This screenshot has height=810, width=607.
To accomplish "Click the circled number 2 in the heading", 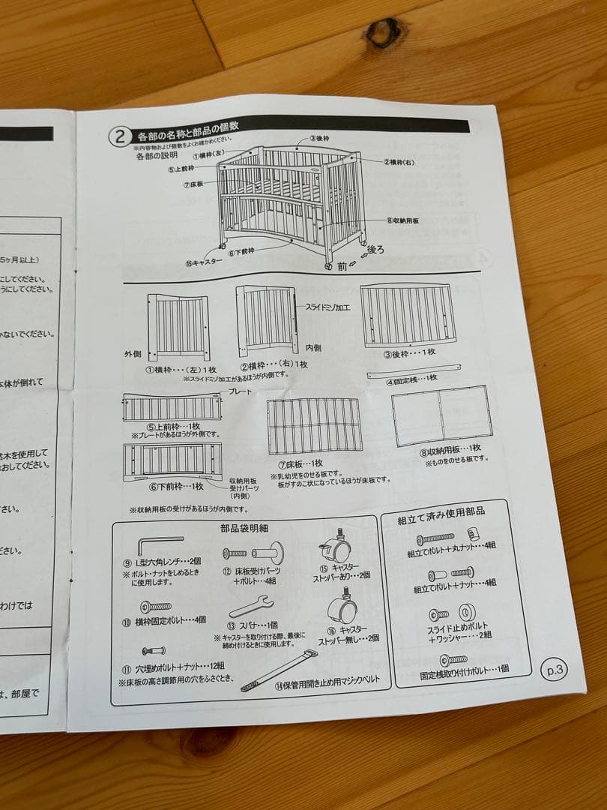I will click(x=120, y=136).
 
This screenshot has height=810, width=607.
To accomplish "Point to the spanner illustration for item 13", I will click(x=250, y=604).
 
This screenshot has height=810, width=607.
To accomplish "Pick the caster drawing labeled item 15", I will click(x=334, y=549).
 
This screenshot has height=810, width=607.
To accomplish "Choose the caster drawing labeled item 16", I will click(x=342, y=605).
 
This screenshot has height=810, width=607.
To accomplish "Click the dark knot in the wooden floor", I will click(x=383, y=32).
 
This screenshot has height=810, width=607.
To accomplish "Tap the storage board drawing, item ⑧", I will click(x=441, y=415).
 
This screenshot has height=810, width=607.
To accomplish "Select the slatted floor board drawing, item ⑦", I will click(x=314, y=425).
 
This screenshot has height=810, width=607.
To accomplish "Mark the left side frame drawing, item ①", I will click(x=178, y=327).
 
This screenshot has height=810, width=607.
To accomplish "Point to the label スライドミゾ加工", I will click(x=333, y=307).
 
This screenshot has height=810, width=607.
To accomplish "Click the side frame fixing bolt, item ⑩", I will click(x=156, y=606).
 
